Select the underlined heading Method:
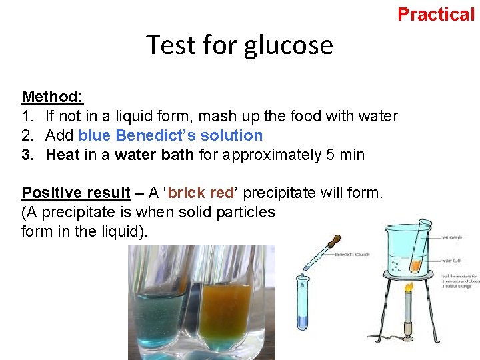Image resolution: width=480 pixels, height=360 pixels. [x=52, y=97]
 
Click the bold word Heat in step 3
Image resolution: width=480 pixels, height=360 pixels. [x=63, y=155]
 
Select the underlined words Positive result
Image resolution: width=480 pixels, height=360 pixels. [x=75, y=193]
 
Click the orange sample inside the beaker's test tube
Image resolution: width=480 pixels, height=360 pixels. [x=415, y=265]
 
